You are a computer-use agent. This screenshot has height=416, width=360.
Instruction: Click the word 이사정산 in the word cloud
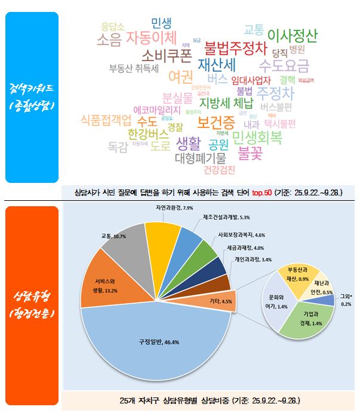click(293, 34)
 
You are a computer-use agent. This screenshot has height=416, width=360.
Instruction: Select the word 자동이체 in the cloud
click(152, 39)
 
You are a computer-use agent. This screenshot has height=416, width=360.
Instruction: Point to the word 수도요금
click(284, 63)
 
